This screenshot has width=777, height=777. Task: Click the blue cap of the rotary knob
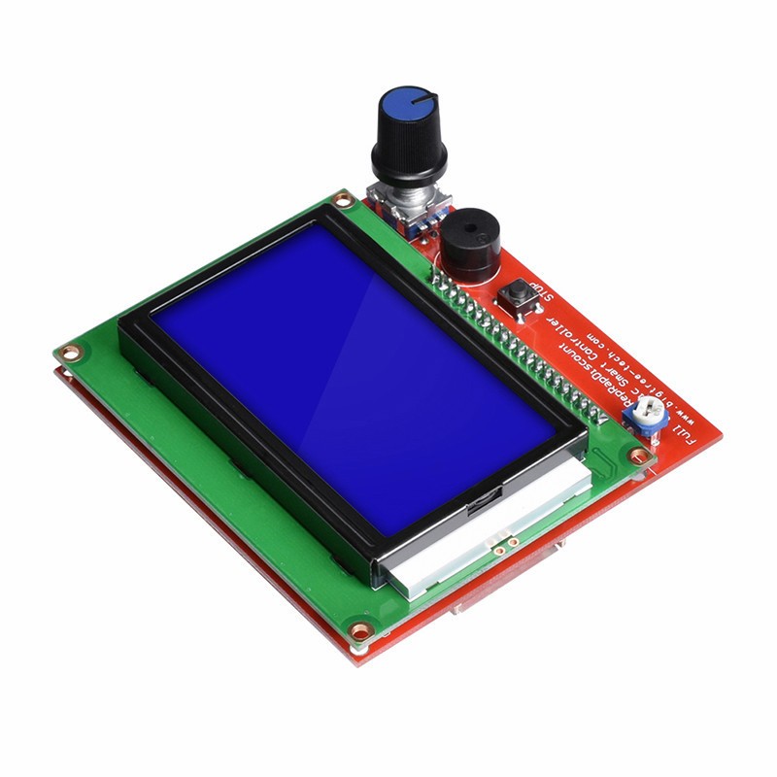[408, 104]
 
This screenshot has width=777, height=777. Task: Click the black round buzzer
[472, 248]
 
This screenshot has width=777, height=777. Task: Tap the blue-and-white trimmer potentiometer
[646, 419]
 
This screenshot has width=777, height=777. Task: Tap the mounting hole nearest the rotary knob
[341, 200]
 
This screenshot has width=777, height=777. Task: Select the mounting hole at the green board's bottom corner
[360, 631]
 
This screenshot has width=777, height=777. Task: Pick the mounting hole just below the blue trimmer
[638, 455]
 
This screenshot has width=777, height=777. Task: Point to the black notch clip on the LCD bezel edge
[478, 504]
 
